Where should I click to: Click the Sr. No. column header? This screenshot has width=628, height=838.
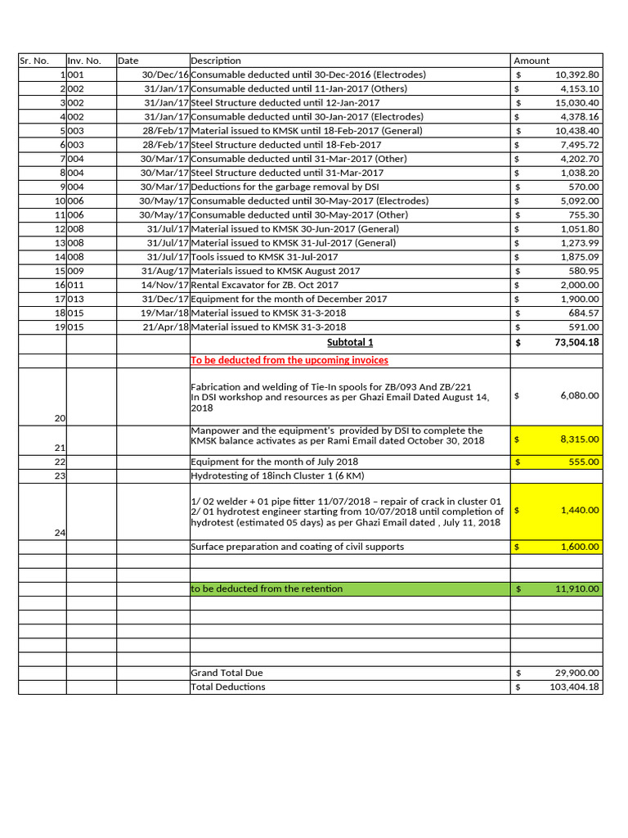(34, 61)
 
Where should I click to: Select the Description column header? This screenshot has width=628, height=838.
(216, 61)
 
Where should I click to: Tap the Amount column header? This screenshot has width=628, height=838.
(532, 61)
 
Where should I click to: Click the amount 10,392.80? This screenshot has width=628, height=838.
(576, 74)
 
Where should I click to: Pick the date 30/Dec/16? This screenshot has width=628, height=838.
(164, 74)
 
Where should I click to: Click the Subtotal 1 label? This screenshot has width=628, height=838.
(350, 342)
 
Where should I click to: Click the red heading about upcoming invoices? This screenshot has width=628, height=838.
(289, 360)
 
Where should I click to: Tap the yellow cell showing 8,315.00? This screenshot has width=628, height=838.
(557, 439)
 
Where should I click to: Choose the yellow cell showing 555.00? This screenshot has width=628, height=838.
(557, 462)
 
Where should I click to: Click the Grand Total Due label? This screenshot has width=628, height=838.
(227, 673)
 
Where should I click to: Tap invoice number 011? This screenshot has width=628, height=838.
(75, 285)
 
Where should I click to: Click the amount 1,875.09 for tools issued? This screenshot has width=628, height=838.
(580, 257)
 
